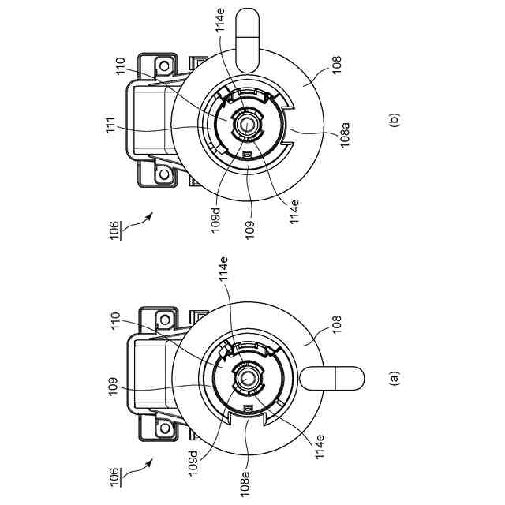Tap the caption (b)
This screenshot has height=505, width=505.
[395, 120]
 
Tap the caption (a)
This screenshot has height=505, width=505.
[395, 379]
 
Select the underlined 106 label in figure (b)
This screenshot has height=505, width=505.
[115, 230]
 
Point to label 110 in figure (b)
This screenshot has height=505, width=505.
[120, 66]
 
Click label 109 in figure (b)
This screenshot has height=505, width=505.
[249, 230]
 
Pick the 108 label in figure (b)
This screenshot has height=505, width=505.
[337, 65]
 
